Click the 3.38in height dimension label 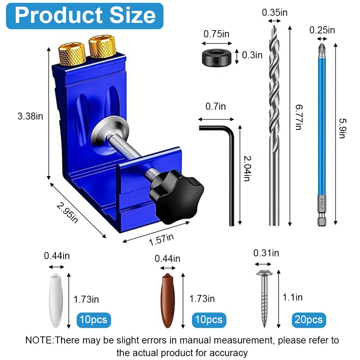(x=30, y=116)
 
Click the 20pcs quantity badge (x=309, y=320)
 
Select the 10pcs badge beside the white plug (x=94, y=320)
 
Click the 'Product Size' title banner (x=85, y=16)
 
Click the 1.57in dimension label (x=161, y=240)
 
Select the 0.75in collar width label (x=217, y=34)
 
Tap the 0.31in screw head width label (x=266, y=253)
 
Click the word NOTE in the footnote (x=39, y=340)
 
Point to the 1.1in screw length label (x=292, y=297)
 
